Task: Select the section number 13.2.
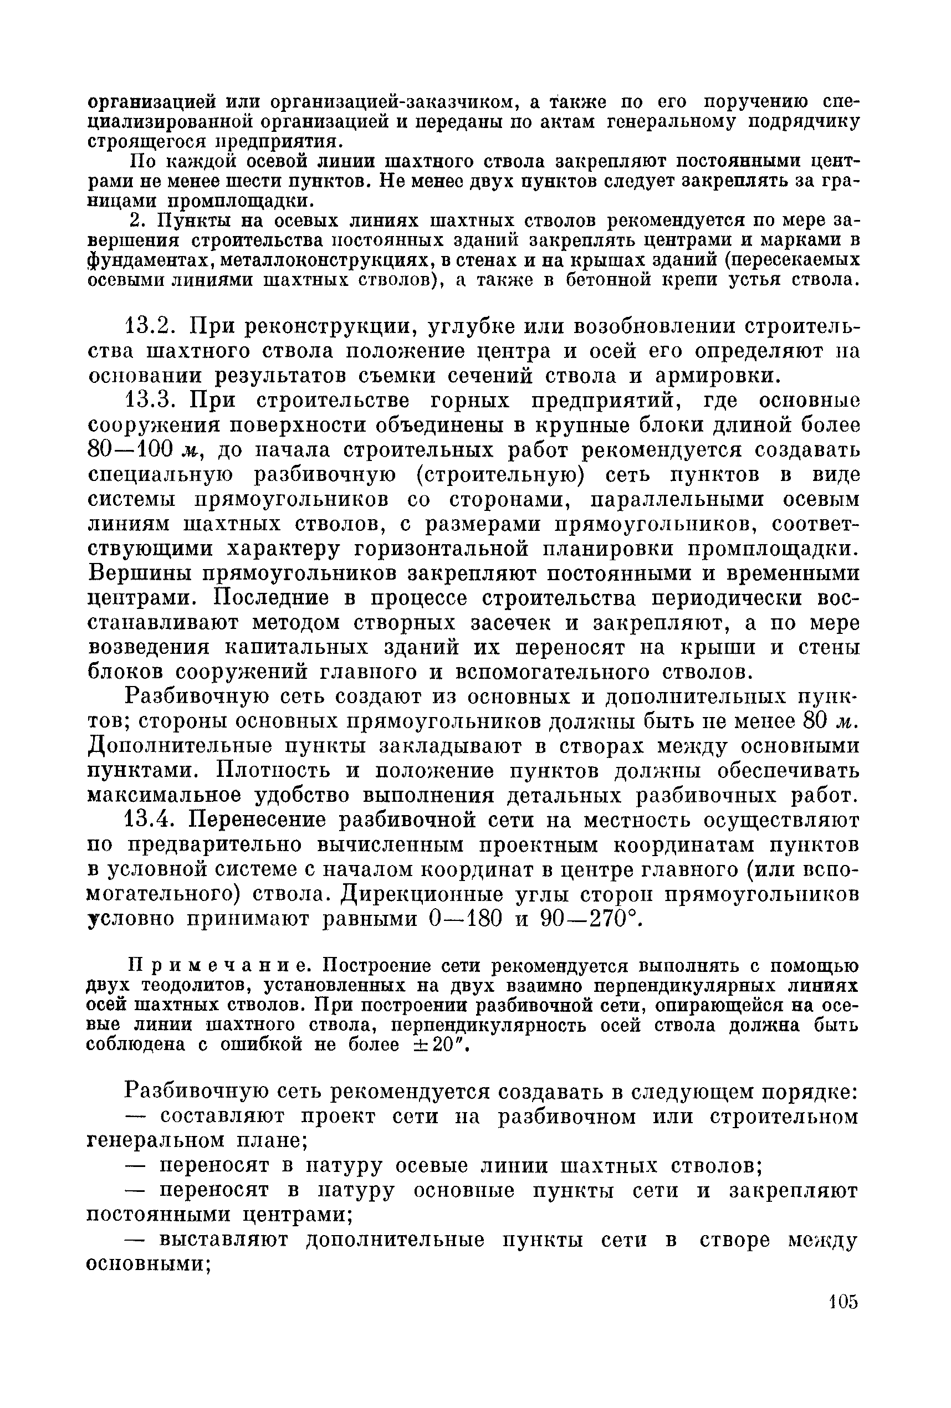[149, 327]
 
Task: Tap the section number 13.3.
[149, 401]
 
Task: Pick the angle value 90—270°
[585, 919]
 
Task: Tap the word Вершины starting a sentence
[143, 573]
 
